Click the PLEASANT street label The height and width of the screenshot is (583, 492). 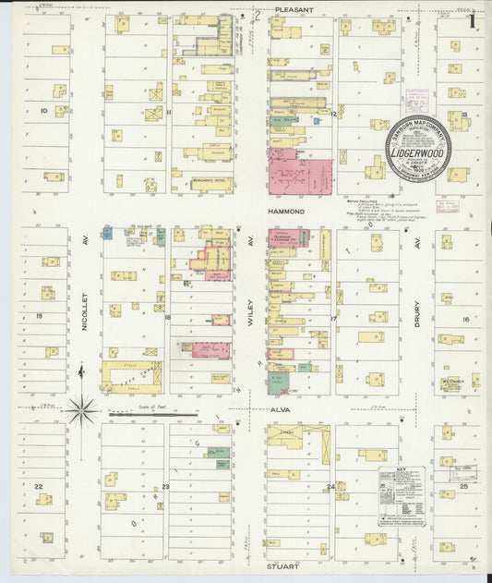[293, 10]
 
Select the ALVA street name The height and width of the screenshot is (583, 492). [280, 407]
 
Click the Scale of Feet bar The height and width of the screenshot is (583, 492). [152, 415]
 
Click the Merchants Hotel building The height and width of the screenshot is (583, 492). [213, 181]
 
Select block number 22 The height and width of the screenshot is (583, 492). [39, 485]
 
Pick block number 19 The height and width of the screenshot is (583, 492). [40, 315]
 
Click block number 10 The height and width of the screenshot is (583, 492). [43, 110]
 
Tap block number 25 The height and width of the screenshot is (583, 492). [464, 485]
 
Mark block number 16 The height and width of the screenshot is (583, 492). [465, 319]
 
